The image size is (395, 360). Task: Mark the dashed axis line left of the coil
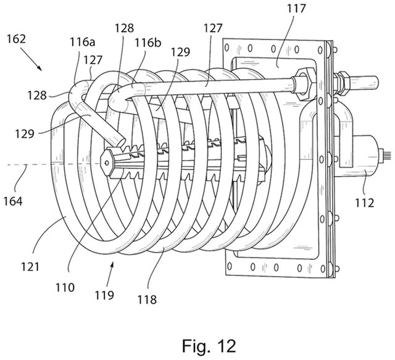pos(37,165)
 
